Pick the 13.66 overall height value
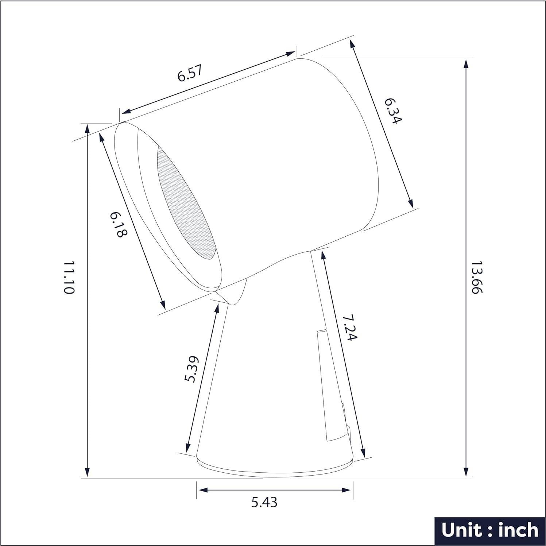tap(477, 277)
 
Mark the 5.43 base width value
tap(264, 502)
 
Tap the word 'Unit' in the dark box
tap(461, 530)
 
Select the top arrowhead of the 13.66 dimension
tap(466, 64)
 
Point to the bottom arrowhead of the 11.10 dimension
tap(87, 473)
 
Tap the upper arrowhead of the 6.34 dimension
tap(352, 44)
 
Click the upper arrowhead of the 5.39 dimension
tap(217, 307)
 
